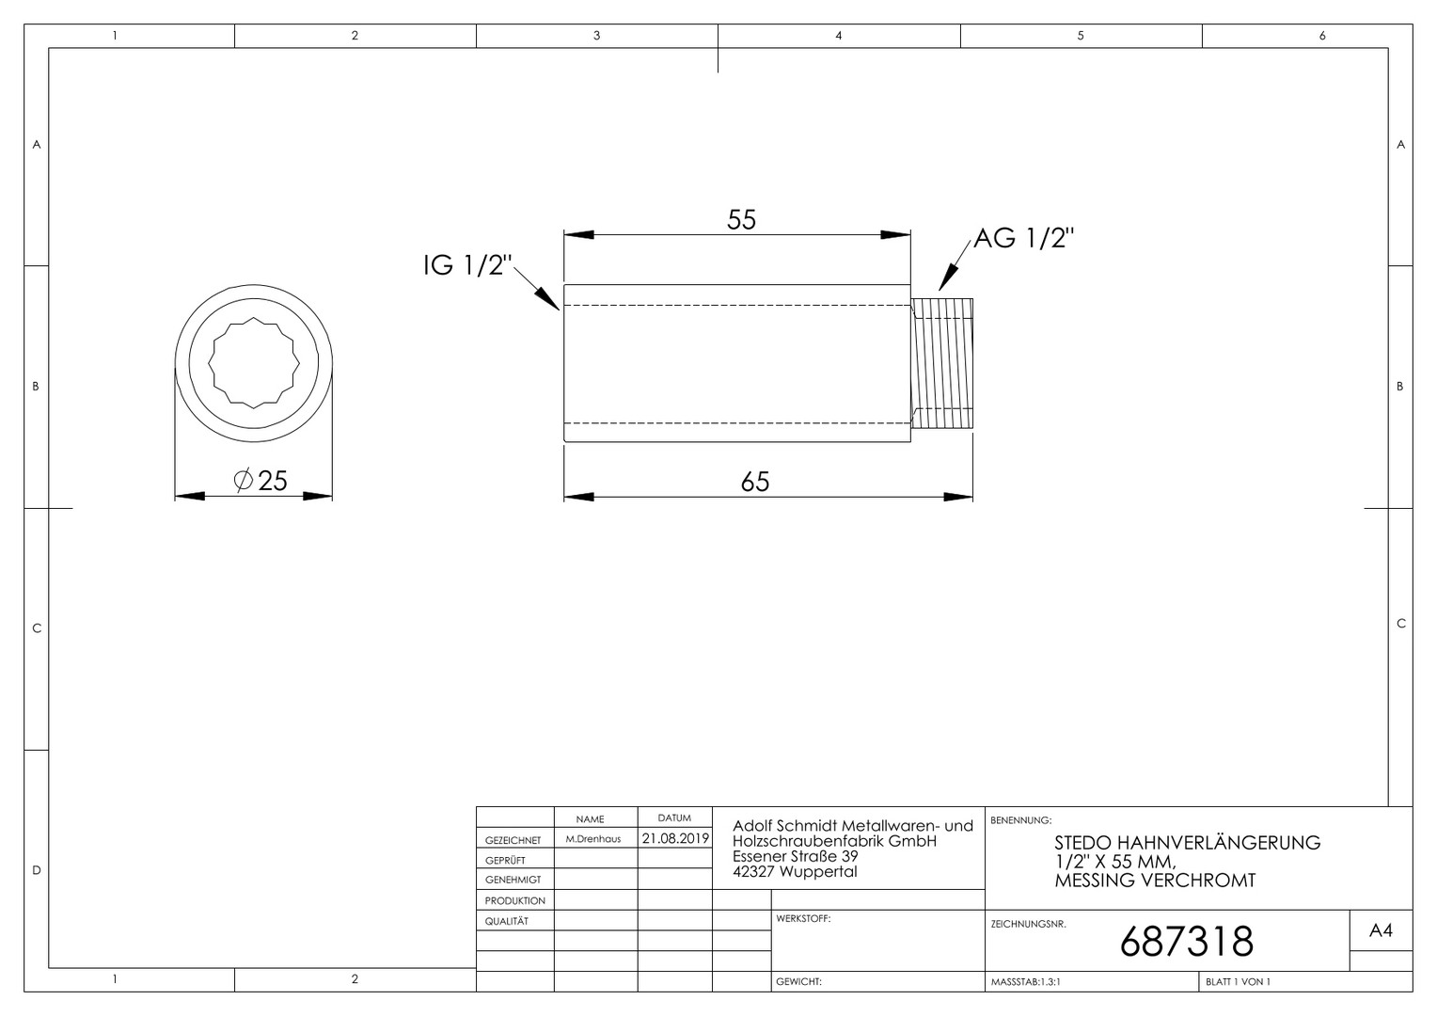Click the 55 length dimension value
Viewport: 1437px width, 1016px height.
(x=742, y=220)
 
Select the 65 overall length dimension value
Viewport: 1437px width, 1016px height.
(x=754, y=482)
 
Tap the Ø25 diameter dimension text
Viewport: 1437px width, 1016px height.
(x=261, y=480)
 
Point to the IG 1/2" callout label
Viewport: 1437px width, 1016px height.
(x=467, y=265)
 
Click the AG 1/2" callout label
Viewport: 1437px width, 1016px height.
(x=1024, y=238)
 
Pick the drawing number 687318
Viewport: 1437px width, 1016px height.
(x=1186, y=942)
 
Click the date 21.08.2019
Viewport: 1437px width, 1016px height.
(x=675, y=838)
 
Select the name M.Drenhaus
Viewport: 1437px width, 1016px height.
(x=593, y=839)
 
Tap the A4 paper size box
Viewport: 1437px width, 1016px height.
(x=1381, y=930)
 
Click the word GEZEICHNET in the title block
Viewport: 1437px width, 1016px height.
(x=513, y=840)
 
